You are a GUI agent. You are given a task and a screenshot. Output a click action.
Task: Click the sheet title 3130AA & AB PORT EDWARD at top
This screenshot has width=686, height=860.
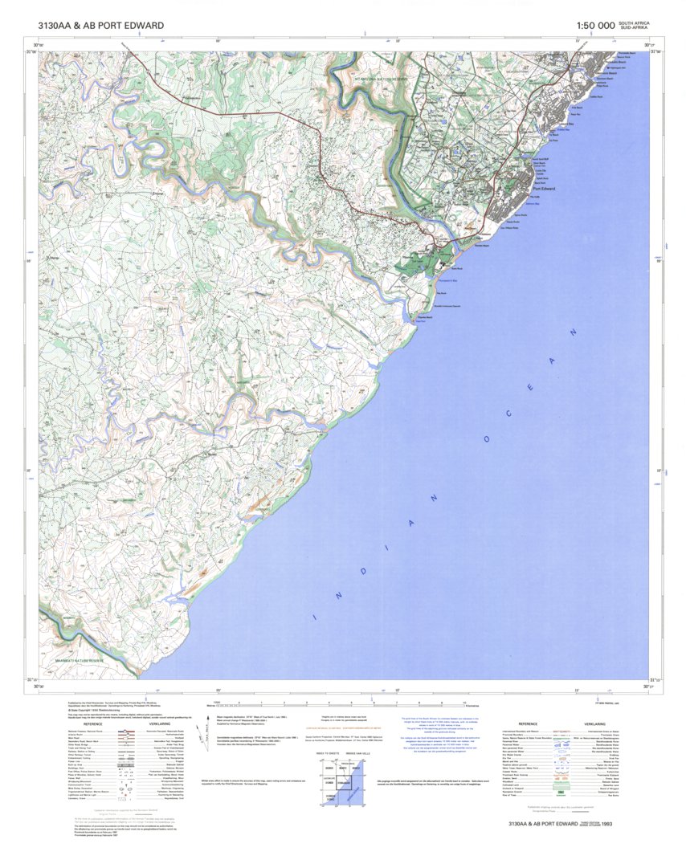[100, 26]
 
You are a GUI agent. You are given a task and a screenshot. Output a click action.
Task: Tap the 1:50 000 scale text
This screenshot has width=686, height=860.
[595, 26]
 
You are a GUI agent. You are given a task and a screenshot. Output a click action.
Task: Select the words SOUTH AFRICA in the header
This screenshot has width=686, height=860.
[634, 22]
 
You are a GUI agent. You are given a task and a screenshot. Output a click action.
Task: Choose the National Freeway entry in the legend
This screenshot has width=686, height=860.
[85, 732]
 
